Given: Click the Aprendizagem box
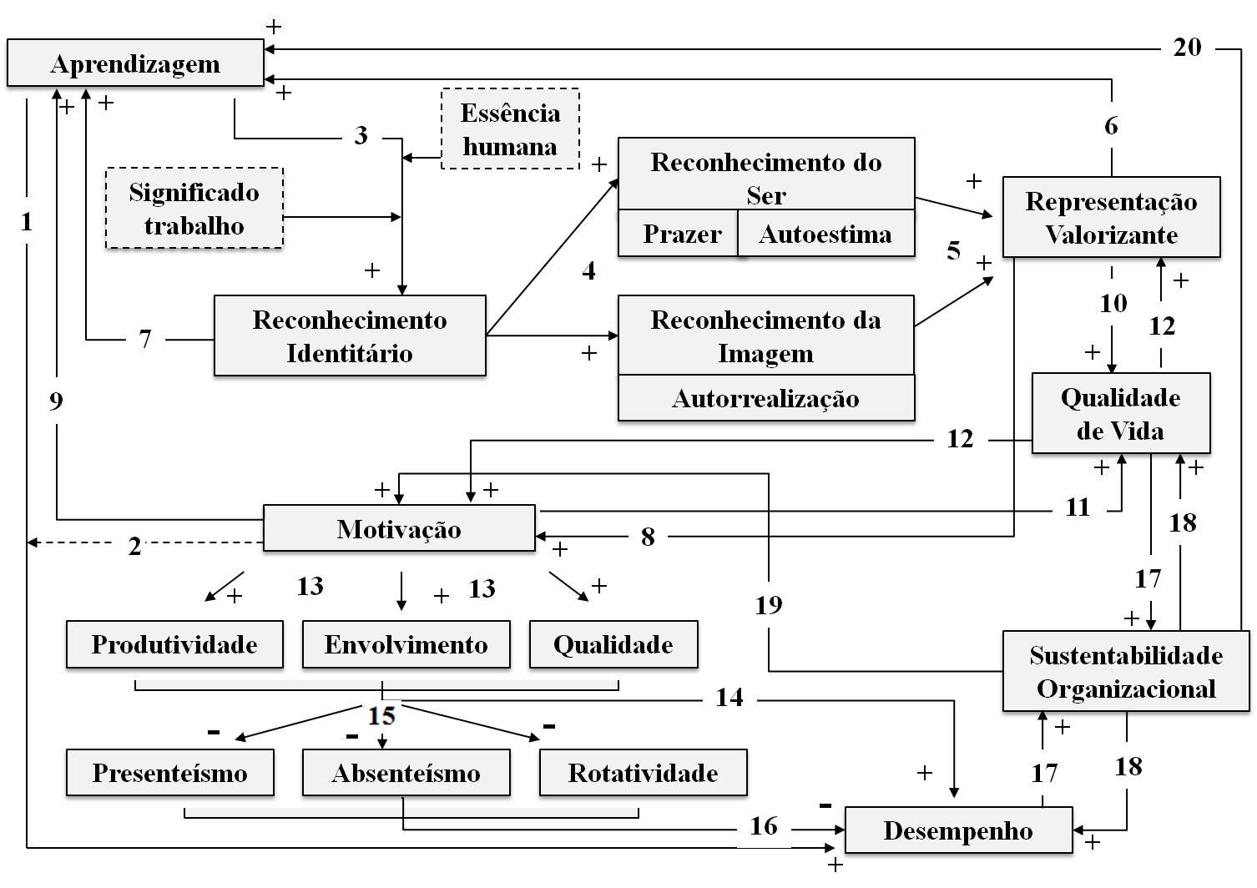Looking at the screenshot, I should click(135, 63).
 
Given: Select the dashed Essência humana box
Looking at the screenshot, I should click(510, 129).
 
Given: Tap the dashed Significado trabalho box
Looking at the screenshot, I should click(194, 209).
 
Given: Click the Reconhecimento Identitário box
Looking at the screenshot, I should click(350, 336).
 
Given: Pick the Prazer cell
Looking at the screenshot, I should click(681, 235).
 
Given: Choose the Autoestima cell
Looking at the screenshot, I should click(825, 235).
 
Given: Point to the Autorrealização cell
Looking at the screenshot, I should click(765, 398).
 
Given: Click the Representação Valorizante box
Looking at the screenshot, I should click(1111, 217).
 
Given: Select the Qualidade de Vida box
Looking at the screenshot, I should click(1120, 413).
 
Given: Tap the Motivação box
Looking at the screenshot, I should click(399, 528).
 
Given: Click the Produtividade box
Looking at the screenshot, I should click(174, 644).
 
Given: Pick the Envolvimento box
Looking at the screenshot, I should click(406, 644).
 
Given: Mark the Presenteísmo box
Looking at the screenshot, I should click(169, 773).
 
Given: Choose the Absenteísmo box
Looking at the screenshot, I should click(406, 773).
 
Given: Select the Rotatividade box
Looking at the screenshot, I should click(643, 773).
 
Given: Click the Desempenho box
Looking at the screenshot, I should click(958, 830).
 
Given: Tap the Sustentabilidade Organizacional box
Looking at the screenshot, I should click(1125, 672).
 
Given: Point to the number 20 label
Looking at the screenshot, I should click(1187, 47).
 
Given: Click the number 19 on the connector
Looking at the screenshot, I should click(768, 604).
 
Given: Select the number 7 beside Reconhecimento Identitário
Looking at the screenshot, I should click(145, 339).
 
